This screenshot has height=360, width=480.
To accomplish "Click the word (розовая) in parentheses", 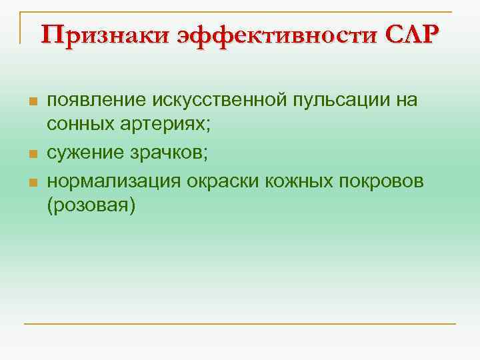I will click(91, 206).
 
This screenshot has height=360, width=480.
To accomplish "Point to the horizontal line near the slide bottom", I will click(240, 324).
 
